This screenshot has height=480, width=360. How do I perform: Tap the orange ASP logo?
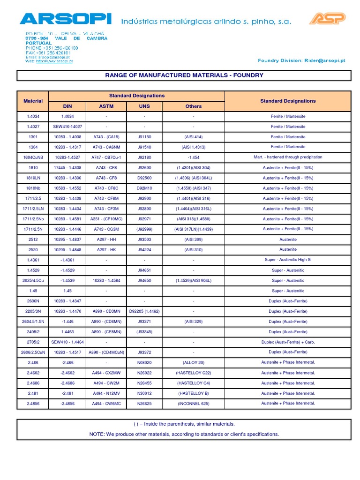[x=327, y=19]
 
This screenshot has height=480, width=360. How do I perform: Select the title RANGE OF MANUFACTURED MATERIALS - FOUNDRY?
[x=184, y=75]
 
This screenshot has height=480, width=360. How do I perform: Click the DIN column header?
[x=67, y=106]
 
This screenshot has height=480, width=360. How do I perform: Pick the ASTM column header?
[x=106, y=106]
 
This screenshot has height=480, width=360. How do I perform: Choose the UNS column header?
[x=144, y=106]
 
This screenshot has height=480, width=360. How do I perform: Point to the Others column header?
[x=193, y=106]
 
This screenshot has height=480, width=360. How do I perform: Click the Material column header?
[x=33, y=101]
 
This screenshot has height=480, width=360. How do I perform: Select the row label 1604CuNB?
[x=33, y=157]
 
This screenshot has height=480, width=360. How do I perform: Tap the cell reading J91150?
[x=144, y=137]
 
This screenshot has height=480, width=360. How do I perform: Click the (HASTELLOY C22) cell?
[x=193, y=373]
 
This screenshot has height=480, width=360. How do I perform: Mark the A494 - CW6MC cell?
[x=106, y=404]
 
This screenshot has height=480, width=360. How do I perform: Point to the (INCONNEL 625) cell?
[x=193, y=404]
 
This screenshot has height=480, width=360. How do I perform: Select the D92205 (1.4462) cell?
[x=144, y=311]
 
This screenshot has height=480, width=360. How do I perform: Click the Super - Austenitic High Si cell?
[x=288, y=260]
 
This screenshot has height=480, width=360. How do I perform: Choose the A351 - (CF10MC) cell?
[x=106, y=219]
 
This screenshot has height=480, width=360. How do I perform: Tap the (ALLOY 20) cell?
[x=193, y=363]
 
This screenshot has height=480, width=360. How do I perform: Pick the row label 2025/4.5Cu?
[x=33, y=281]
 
